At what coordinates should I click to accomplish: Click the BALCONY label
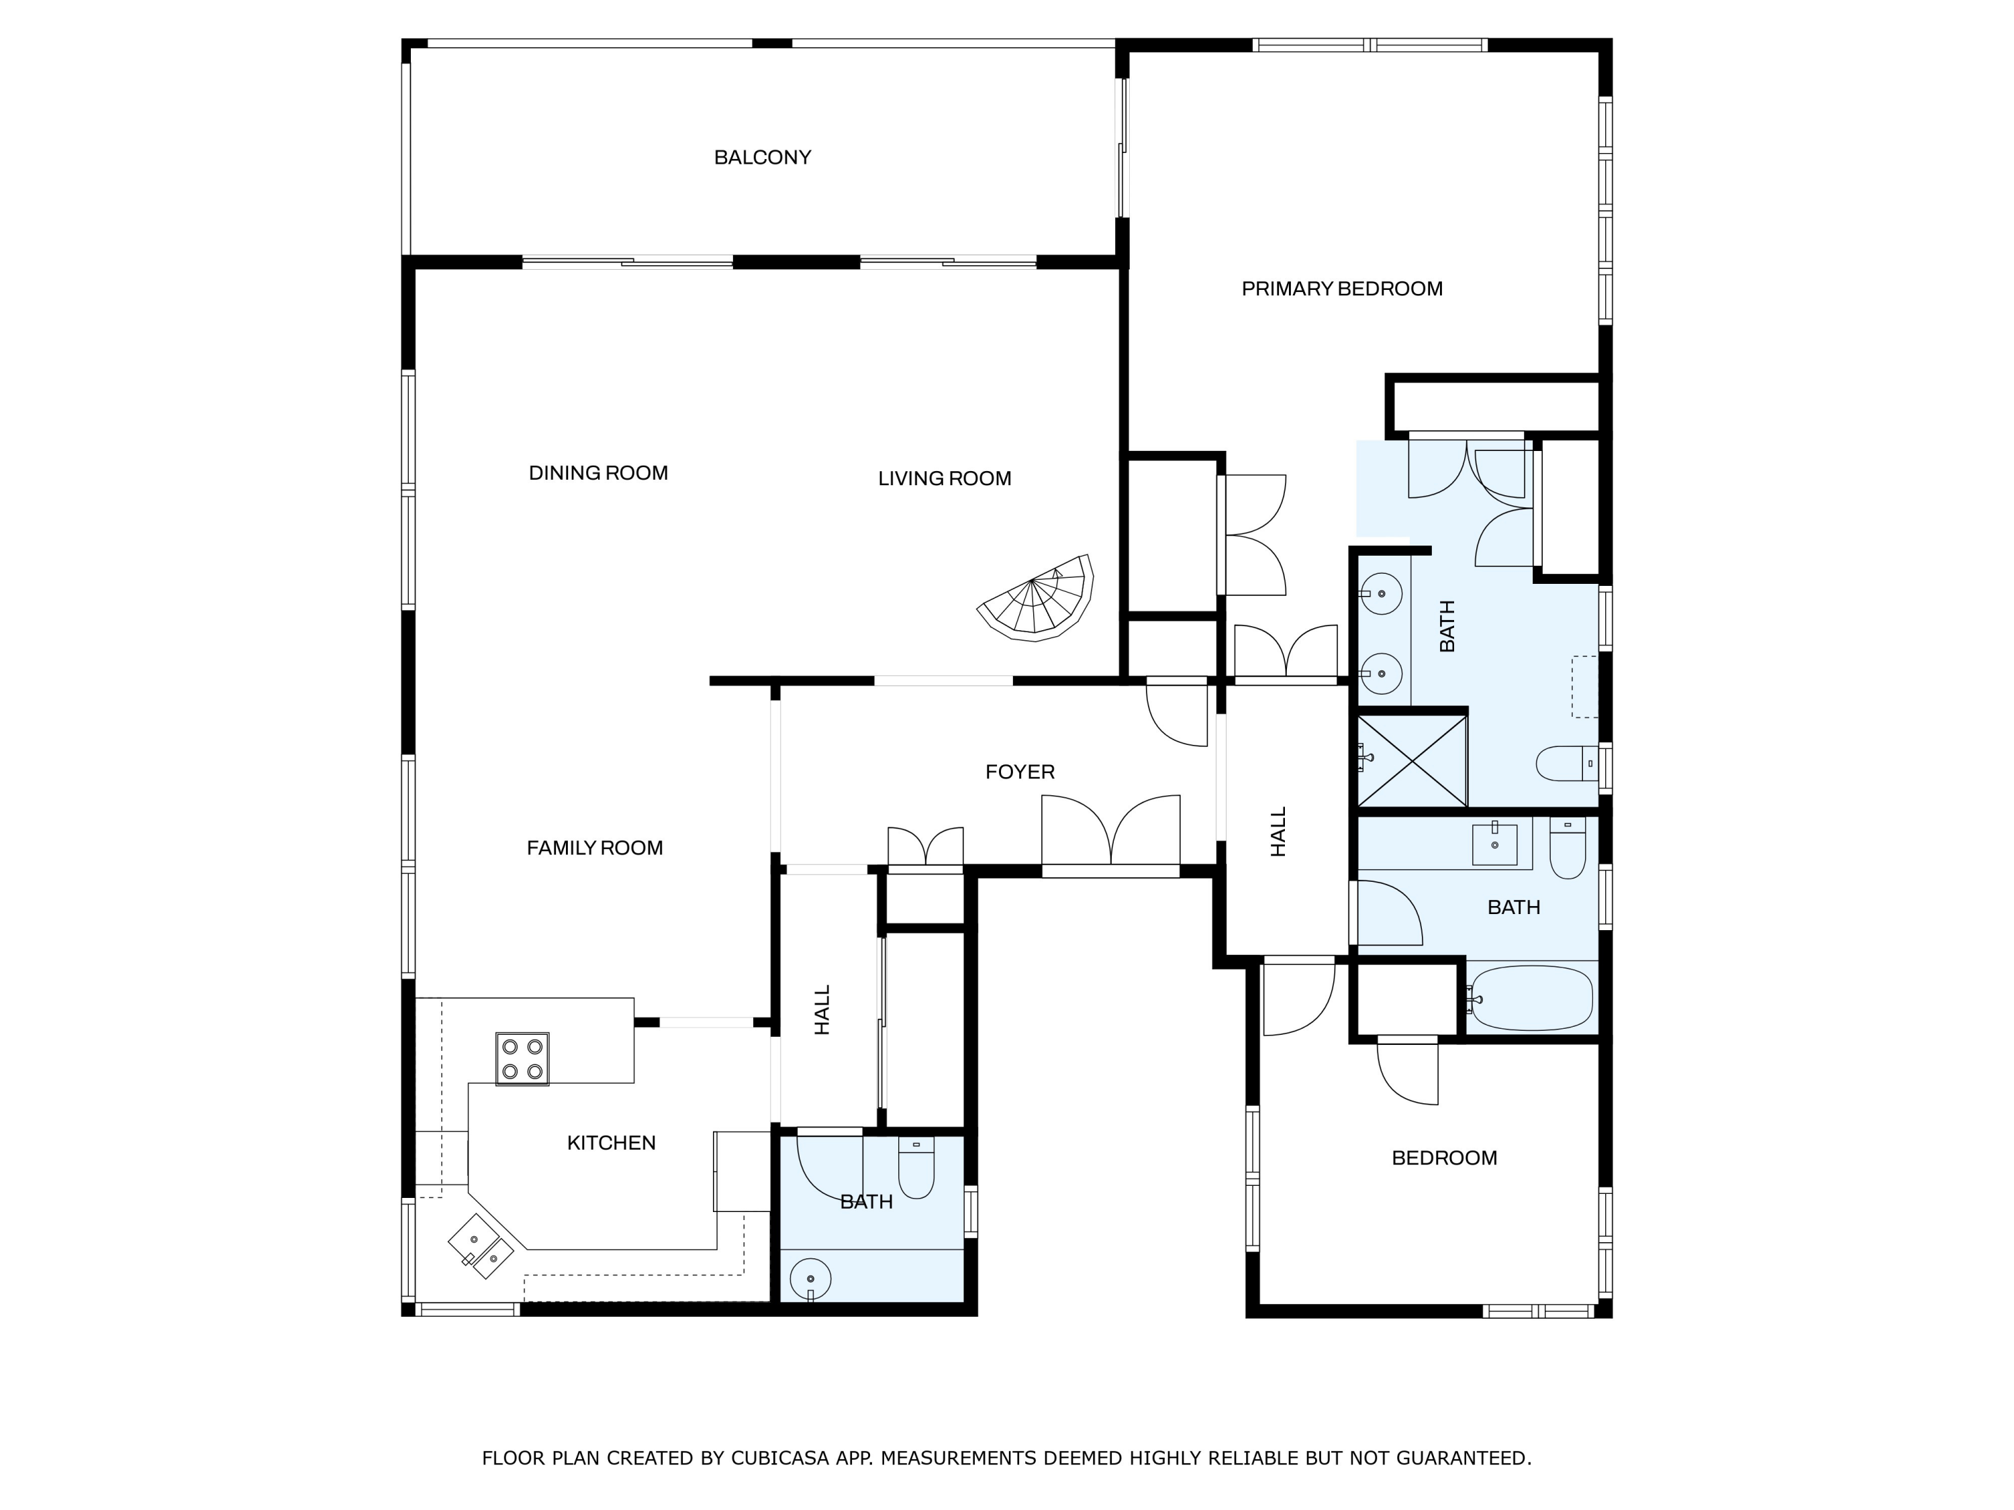[x=762, y=158]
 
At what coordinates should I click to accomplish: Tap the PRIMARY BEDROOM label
[x=1341, y=289]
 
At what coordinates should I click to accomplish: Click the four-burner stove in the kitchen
[x=522, y=1058]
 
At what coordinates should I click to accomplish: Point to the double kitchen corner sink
[x=481, y=1246]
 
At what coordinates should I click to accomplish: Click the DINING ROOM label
[x=598, y=473]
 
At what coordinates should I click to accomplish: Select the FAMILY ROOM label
[x=595, y=848]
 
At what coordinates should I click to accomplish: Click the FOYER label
[x=1020, y=772]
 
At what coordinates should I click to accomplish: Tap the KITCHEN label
[x=611, y=1143]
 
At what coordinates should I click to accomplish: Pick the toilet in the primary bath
[x=1565, y=764]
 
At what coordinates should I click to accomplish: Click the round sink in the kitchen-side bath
[x=810, y=1279]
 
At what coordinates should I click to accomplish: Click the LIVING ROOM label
[x=944, y=479]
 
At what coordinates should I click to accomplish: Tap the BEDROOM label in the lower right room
[x=1444, y=1158]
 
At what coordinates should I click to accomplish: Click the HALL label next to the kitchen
[x=822, y=1009]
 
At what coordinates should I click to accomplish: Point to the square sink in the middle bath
[x=1495, y=844]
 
